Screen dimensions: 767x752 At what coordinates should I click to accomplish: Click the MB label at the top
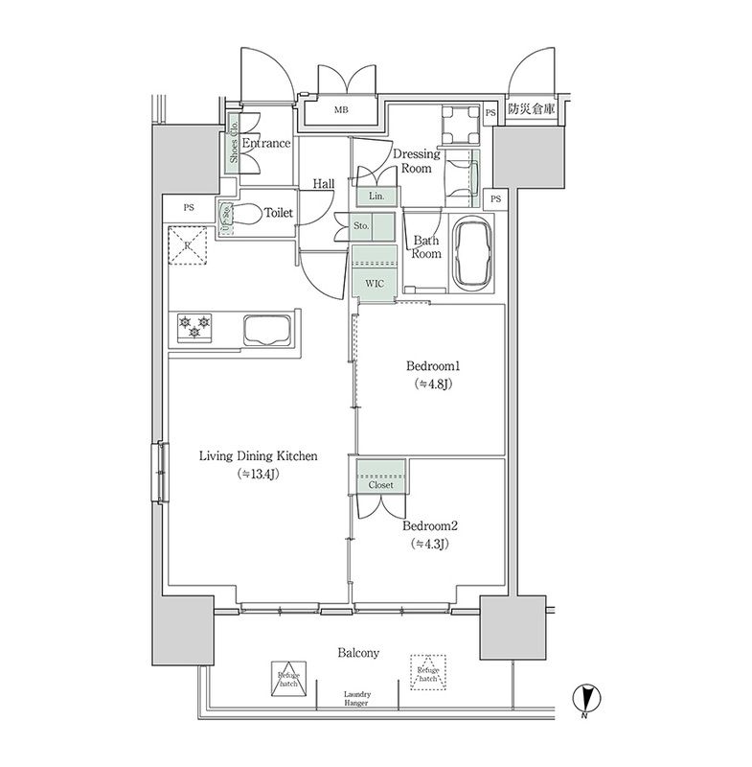coord(341,110)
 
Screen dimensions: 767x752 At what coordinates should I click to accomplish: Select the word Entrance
coord(265,144)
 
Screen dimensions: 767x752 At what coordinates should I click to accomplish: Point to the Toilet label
coord(278,214)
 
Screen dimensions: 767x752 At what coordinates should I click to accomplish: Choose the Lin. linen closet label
coord(376,196)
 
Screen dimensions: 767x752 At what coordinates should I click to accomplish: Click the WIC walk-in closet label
coord(375,284)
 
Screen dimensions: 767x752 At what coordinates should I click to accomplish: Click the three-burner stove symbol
coord(195,327)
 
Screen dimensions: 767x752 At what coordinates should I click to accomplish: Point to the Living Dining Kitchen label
coord(258,456)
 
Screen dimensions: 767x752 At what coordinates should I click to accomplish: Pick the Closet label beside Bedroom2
coord(381,485)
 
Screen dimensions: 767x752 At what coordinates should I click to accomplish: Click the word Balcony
coord(358,653)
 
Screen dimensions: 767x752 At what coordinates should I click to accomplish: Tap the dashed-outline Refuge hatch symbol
coord(428,672)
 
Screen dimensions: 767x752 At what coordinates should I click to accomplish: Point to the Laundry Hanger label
coord(356,699)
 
